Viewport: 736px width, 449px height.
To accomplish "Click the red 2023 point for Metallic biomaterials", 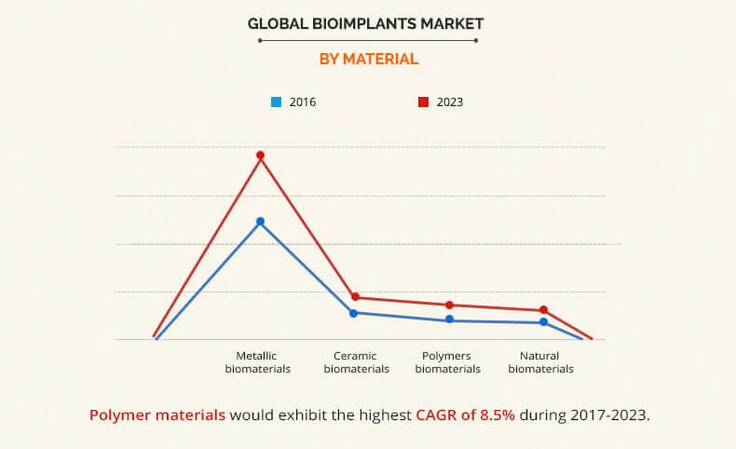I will [x=261, y=155].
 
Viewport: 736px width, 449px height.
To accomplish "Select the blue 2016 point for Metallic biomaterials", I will [x=261, y=222].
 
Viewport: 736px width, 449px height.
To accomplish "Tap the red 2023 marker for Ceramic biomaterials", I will [x=355, y=297].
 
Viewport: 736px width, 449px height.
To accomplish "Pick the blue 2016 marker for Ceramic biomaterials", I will [x=354, y=313].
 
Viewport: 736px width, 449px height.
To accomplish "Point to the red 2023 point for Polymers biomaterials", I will [x=449, y=305].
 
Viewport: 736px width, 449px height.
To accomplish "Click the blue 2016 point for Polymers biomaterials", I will [x=449, y=320].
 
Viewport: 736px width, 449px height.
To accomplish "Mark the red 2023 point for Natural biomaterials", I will [x=543, y=310].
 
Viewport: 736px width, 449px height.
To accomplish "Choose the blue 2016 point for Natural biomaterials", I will [x=543, y=322].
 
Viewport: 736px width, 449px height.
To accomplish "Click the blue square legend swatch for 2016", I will [x=276, y=102].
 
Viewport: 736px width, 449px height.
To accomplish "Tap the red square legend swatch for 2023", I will [x=422, y=102].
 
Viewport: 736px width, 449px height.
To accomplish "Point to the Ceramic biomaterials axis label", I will [x=356, y=361].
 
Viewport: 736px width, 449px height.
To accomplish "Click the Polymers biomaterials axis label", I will [x=448, y=361].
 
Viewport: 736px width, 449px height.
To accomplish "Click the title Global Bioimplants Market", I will [x=366, y=22].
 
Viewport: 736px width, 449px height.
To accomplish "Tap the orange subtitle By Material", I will [x=369, y=59].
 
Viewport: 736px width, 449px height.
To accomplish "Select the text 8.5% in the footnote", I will [x=496, y=415].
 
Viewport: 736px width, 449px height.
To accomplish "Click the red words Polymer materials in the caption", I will [x=157, y=415].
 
